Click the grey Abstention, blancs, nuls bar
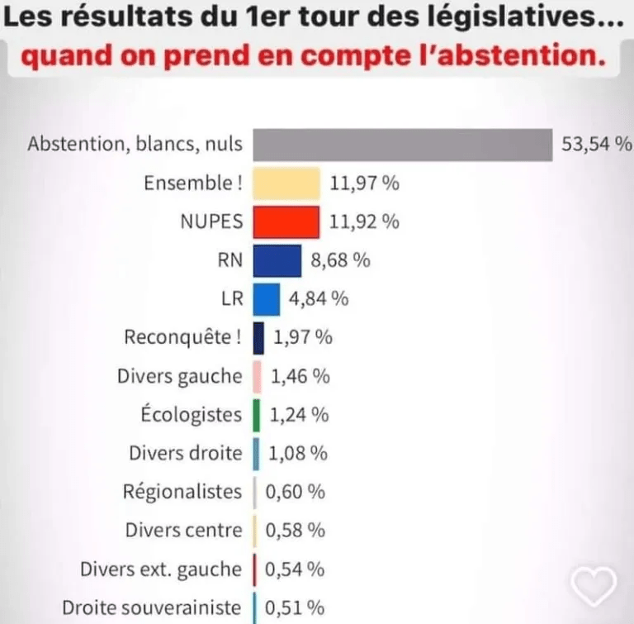pyautogui.click(x=402, y=145)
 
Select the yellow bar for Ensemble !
pyautogui.click(x=286, y=183)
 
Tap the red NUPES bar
pyautogui.click(x=286, y=221)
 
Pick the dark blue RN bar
pyautogui.click(x=277, y=260)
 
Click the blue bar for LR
pyautogui.click(x=266, y=298)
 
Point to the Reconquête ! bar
pyautogui.click(x=258, y=337)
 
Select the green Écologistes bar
pyautogui.click(x=257, y=414)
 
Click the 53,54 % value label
pyautogui.click(x=596, y=145)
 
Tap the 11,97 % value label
pyautogui.click(x=364, y=183)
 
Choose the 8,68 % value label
pyautogui.click(x=340, y=260)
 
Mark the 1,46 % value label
pyautogui.click(x=300, y=376)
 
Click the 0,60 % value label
pyautogui.click(x=295, y=492)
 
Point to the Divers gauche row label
pyautogui.click(x=180, y=376)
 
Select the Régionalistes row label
pyautogui.click(x=182, y=492)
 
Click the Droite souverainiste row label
pyautogui.click(x=152, y=607)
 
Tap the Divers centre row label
pyautogui.click(x=184, y=530)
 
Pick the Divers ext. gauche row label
pyautogui.click(x=161, y=569)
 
